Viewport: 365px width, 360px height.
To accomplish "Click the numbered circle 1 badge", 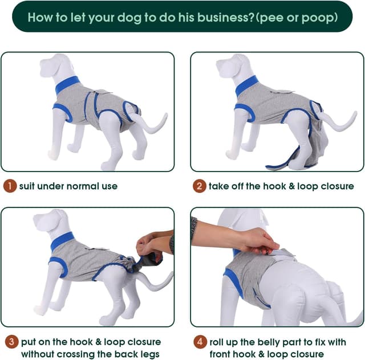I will click(x=10, y=186).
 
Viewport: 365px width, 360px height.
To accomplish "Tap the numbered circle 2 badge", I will click(x=199, y=186).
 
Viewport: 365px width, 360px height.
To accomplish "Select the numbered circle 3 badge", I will click(x=10, y=342).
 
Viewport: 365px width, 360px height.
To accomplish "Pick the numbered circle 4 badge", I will click(x=199, y=342).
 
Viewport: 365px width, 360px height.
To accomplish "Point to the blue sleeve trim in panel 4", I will click(x=233, y=283).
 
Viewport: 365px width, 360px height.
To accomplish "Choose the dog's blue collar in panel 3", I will click(x=62, y=241).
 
